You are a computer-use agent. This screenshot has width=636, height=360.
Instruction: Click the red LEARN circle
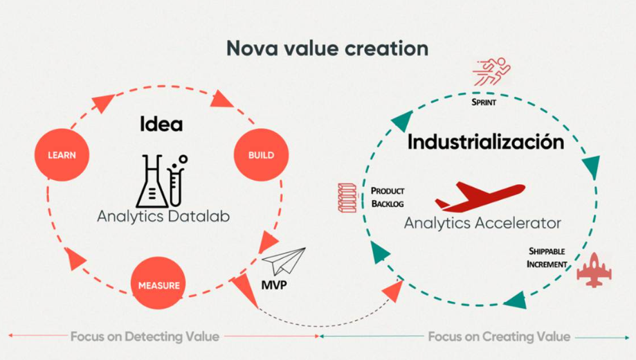point(62,154)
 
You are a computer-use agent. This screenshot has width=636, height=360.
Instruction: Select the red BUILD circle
point(261,154)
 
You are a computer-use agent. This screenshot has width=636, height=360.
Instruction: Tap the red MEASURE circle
point(158,283)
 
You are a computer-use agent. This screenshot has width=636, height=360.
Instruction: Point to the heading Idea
point(161,124)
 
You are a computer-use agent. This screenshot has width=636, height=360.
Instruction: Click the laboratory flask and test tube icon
point(161,181)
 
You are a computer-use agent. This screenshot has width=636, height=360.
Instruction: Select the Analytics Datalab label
point(163,216)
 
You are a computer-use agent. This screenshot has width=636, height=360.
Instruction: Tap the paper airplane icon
point(284,261)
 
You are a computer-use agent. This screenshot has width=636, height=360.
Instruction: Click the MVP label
point(274,285)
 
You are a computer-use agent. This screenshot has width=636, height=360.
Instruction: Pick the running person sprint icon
point(491,71)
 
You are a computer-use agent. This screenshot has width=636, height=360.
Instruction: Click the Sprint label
point(484,102)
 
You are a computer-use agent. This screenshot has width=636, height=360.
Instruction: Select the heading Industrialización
point(486,142)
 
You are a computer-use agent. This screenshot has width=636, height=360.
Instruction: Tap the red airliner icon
point(480,197)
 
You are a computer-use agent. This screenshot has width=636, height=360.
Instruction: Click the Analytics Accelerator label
point(482,223)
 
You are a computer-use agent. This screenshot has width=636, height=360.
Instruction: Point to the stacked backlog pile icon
point(347,198)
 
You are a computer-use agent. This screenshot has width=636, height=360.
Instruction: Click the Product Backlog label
point(388,197)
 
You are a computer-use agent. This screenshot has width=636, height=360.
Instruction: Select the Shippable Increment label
point(547,258)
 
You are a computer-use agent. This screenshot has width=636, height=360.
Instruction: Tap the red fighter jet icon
point(594,270)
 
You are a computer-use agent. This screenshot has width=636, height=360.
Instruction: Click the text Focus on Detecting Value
point(145,336)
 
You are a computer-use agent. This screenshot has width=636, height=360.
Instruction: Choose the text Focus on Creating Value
point(499,336)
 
